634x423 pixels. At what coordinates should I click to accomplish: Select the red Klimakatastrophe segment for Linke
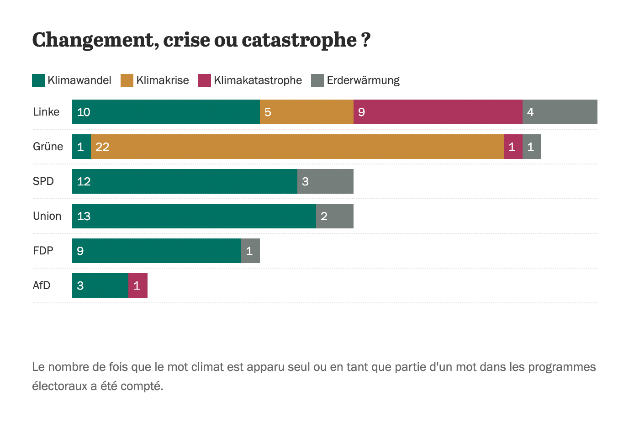438,112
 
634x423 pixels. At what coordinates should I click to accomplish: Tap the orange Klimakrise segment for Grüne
297,147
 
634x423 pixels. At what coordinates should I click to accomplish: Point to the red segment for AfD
138,286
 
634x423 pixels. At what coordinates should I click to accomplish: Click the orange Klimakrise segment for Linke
306,112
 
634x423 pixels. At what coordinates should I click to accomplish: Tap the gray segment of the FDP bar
250,251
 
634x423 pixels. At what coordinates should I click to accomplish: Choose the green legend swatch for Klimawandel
38,80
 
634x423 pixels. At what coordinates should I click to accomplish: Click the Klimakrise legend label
162,80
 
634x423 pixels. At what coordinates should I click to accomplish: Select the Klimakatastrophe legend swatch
204,80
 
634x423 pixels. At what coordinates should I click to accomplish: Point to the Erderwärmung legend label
363,80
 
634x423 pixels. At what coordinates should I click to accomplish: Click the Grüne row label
48,147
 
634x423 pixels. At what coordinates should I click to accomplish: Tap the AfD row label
42,286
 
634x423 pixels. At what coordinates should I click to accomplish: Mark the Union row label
47,216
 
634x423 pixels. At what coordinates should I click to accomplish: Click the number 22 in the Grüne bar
102,147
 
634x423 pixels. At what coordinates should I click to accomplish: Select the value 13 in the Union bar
84,216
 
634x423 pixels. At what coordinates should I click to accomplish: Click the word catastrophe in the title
299,40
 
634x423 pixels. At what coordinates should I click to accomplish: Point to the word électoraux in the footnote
59,386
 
